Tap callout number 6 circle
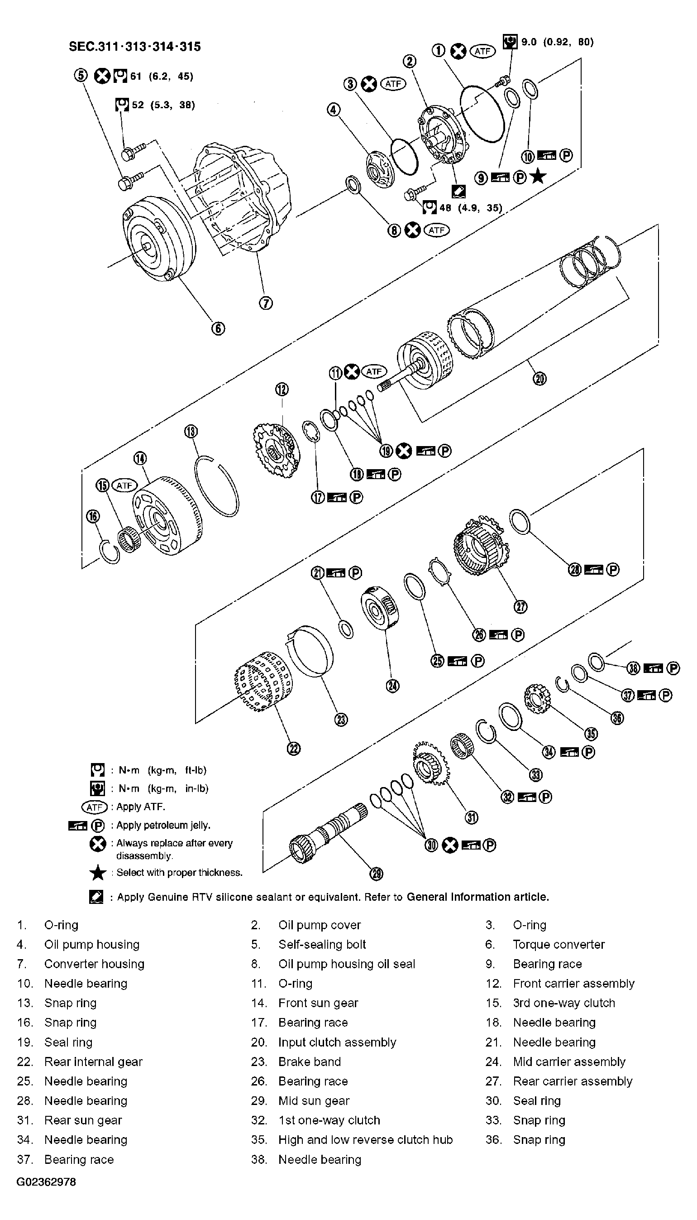[218, 328]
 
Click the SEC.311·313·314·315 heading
[135, 47]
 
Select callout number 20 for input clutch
[539, 379]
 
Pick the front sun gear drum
[167, 517]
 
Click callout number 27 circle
[521, 607]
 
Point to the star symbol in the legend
[98, 873]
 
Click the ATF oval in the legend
[94, 807]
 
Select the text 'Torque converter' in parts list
[559, 945]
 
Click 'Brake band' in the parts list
[309, 1061]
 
